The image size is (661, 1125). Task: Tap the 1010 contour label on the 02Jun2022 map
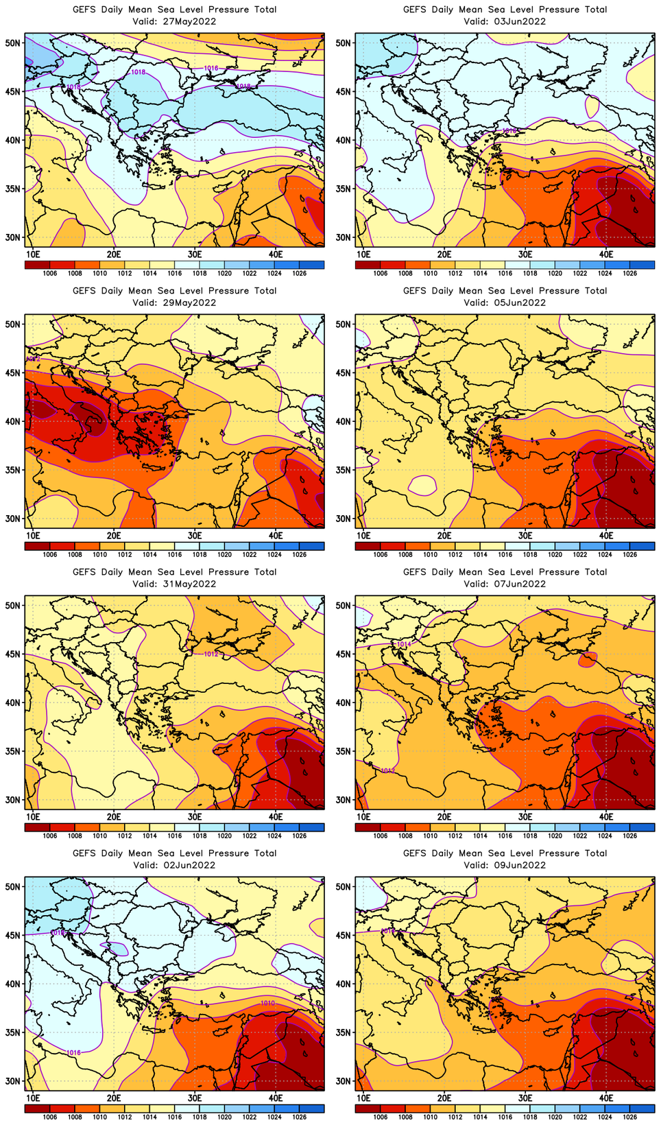[x=267, y=1003]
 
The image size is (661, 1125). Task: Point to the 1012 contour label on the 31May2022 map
[x=211, y=654]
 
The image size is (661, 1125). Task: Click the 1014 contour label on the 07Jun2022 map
[x=404, y=644]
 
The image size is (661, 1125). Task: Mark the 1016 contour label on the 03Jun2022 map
[x=509, y=130]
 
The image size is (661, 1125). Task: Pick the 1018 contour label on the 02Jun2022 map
[x=58, y=933]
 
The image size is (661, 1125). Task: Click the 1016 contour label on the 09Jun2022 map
[x=387, y=931]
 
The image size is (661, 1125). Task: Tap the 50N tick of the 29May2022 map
[x=14, y=324]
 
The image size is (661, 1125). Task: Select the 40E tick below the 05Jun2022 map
[x=606, y=535]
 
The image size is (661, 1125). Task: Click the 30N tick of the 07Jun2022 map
[x=344, y=800]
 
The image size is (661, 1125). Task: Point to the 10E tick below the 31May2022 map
[x=32, y=816]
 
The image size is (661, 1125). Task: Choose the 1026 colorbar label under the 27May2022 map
[x=299, y=273]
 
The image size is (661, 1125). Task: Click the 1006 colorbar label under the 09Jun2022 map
[x=381, y=1117]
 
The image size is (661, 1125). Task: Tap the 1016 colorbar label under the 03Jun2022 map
[x=505, y=273]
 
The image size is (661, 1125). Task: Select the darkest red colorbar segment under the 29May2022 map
[x=37, y=546]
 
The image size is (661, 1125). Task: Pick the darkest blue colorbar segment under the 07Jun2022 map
[x=642, y=827]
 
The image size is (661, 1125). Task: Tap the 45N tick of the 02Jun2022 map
[x=14, y=935]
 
